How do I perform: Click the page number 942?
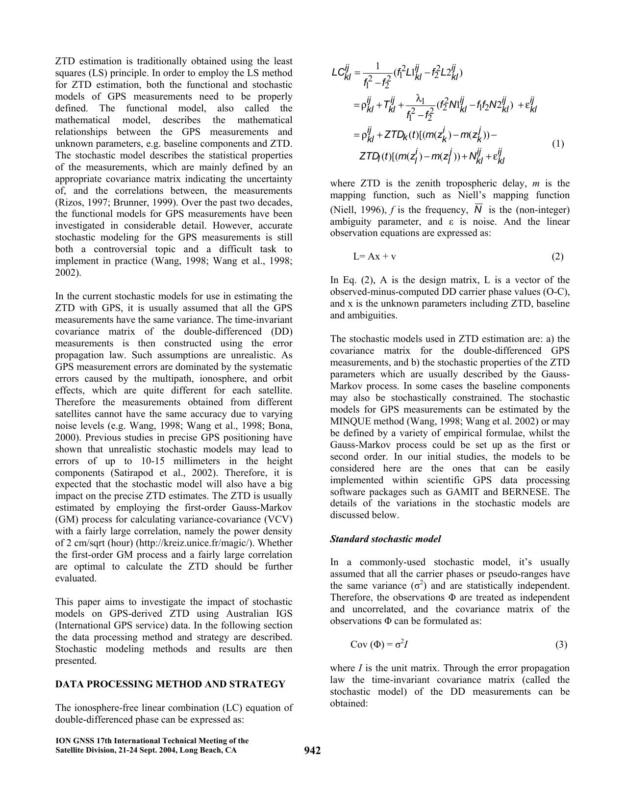(x=312, y=751)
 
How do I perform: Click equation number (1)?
(x=558, y=144)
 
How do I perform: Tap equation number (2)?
(x=557, y=257)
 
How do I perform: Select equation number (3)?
(x=561, y=645)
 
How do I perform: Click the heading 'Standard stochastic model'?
(x=385, y=539)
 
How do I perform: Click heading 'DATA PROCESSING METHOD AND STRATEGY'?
(x=170, y=684)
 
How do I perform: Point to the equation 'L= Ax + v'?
(x=375, y=257)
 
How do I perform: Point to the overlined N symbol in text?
(x=478, y=209)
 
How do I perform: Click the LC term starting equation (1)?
(x=341, y=73)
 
